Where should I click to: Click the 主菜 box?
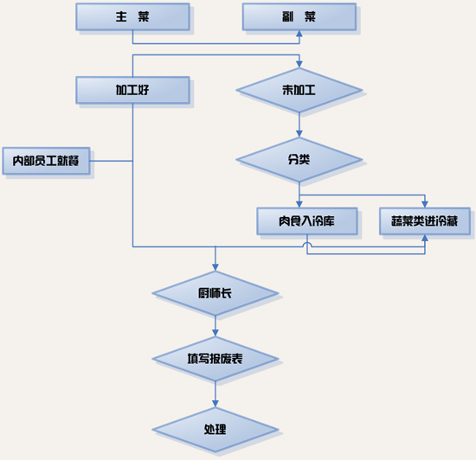tap(133, 16)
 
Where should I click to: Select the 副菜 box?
tap(299, 16)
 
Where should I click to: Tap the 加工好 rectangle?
tap(133, 90)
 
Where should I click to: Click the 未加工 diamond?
tap(299, 90)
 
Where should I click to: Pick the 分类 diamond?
tap(299, 159)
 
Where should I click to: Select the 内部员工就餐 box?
tap(46, 161)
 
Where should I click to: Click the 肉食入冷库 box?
tap(307, 221)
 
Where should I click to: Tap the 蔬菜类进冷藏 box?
tap(425, 221)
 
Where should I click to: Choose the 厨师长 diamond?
tap(215, 293)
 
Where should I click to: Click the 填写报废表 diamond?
tap(215, 359)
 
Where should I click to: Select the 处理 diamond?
tap(215, 430)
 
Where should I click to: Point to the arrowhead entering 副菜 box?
tap(299, 34)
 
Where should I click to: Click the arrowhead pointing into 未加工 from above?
tap(299, 64)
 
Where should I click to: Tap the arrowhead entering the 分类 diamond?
tap(299, 134)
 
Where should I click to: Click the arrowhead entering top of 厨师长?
tap(215, 267)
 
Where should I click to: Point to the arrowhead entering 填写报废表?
tap(215, 333)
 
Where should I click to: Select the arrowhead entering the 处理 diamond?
tap(215, 404)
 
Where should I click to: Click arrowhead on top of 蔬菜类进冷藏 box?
tap(425, 204)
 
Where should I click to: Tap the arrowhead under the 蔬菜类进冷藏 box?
tap(425, 238)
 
